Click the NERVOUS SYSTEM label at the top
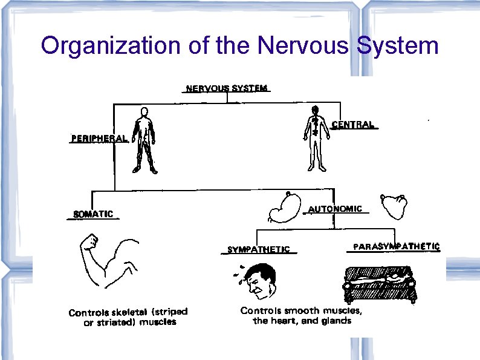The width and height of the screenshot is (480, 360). (x=226, y=88)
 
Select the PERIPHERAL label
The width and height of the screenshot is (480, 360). (x=99, y=138)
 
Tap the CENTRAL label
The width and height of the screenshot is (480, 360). (x=354, y=125)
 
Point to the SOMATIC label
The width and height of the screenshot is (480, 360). (x=93, y=214)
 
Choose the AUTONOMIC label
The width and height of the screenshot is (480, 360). (x=336, y=209)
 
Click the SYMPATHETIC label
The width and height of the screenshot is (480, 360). (x=258, y=249)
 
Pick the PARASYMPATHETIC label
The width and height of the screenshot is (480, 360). (x=396, y=247)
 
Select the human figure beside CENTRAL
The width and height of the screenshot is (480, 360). (x=314, y=138)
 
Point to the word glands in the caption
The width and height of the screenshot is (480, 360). (x=336, y=321)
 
